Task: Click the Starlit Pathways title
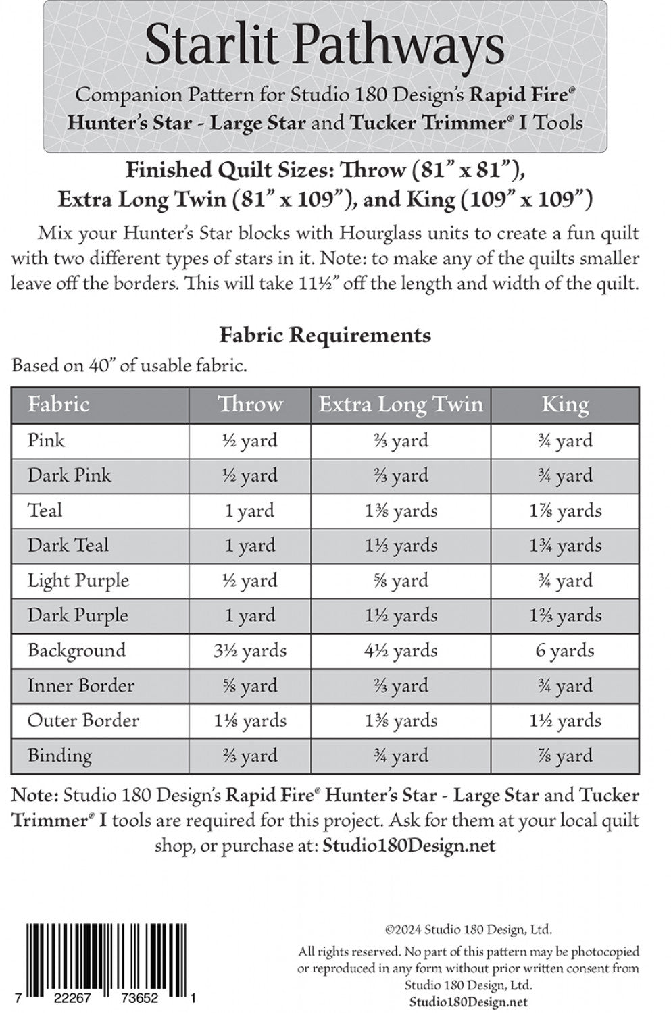coord(324,46)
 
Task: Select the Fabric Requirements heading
coord(325,335)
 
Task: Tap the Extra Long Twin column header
coord(401,405)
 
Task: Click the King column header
coord(565,405)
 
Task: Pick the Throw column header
coord(250,405)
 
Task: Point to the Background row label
coord(76,650)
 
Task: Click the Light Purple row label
coord(78,581)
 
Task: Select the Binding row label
coord(59,756)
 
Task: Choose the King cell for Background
coord(565,650)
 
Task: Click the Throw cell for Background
coord(250,650)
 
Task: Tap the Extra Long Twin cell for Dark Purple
coord(401,615)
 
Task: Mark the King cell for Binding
coord(565,756)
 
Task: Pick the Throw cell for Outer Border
coord(250,721)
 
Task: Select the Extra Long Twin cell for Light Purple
coord(401,581)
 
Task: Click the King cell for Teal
coord(565,511)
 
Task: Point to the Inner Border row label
coord(80,685)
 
